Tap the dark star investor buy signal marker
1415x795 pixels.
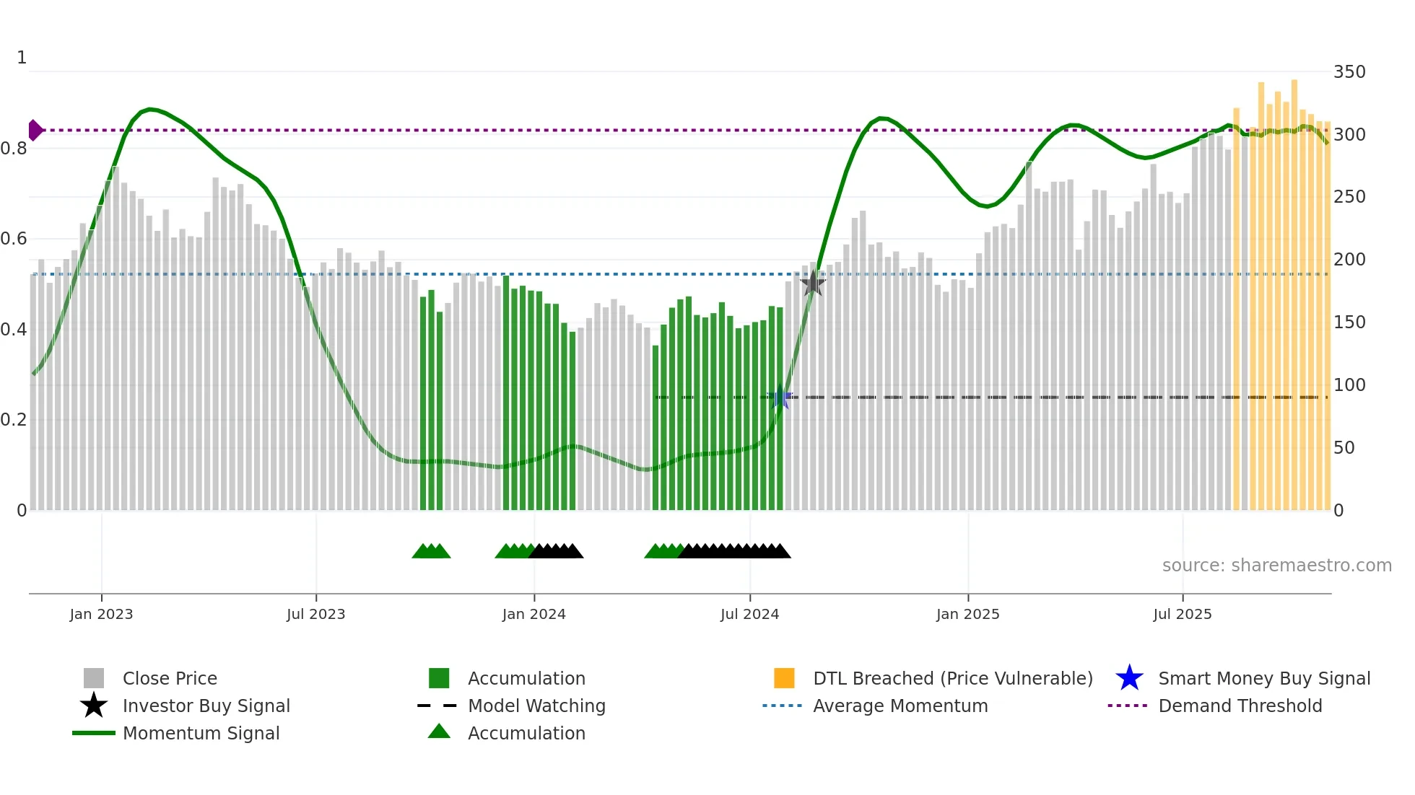tap(813, 284)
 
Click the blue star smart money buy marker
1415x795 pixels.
tap(780, 397)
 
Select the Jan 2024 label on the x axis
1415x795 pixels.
tap(534, 615)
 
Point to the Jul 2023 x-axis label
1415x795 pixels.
tap(315, 615)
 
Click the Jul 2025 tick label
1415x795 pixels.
tap(1182, 615)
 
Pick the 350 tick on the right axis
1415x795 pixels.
tap(1349, 72)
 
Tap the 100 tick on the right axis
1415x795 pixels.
tap(1349, 385)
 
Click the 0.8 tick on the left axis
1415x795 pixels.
tap(14, 149)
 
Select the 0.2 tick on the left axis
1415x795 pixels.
tap(14, 420)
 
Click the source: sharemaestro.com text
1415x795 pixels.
tap(1276, 566)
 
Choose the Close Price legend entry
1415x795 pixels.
tap(170, 679)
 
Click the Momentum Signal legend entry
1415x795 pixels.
tap(201, 734)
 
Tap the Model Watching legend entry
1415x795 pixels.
tap(536, 706)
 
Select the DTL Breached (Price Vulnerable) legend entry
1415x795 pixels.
tap(952, 679)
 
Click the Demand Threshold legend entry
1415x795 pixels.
tap(1240, 706)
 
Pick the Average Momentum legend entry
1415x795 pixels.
tap(900, 706)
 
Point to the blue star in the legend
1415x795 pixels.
tap(1129, 678)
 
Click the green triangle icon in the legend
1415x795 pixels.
tap(439, 732)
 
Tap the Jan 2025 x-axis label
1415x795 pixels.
tap(967, 615)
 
